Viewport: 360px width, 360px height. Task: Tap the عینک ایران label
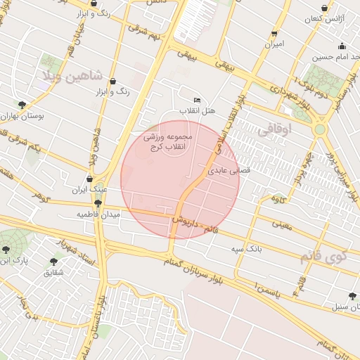(91, 190)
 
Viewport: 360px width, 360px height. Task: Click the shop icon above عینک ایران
(89, 179)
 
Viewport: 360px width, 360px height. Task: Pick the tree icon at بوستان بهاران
(22, 104)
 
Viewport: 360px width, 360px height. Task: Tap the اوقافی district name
(273, 130)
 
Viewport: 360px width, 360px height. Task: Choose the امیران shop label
(274, 44)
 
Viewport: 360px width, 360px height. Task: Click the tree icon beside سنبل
(352, 296)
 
